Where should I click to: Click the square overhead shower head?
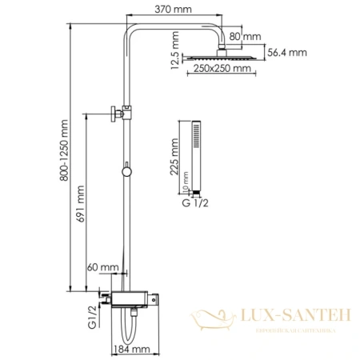click(x=216, y=58)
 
